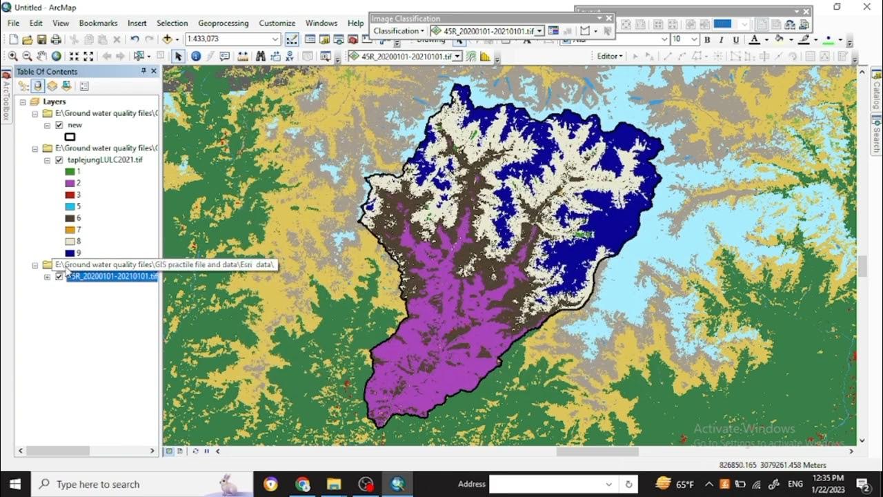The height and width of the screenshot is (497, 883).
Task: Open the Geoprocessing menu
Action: pyautogui.click(x=223, y=23)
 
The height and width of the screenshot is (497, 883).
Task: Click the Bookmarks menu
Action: pyautogui.click(x=98, y=23)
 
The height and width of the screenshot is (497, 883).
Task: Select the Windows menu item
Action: pyautogui.click(x=321, y=23)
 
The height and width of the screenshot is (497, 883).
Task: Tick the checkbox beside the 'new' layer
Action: pyautogui.click(x=59, y=125)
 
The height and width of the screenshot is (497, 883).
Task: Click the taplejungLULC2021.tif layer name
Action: pyautogui.click(x=105, y=159)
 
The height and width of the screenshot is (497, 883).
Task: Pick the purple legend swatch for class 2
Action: pyautogui.click(x=70, y=183)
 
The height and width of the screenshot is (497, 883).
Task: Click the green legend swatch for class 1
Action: pyautogui.click(x=70, y=171)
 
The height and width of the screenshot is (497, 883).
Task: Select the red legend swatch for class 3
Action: pyautogui.click(x=70, y=195)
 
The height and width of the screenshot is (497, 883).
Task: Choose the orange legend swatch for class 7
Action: pyautogui.click(x=70, y=230)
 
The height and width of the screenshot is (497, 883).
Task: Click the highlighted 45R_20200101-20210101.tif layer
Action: pyautogui.click(x=112, y=277)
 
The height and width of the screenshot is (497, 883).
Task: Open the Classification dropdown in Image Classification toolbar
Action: pyautogui.click(x=399, y=31)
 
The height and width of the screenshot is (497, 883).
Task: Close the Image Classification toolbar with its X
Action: pyautogui.click(x=609, y=19)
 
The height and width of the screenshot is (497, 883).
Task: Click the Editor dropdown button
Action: pyautogui.click(x=610, y=56)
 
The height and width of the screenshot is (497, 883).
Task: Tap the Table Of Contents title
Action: pyautogui.click(x=47, y=71)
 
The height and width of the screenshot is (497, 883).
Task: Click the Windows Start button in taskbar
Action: pyautogui.click(x=14, y=484)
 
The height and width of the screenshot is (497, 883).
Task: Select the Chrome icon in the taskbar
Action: pyautogui.click(x=302, y=484)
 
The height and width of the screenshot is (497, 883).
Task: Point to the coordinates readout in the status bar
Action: pyautogui.click(x=772, y=465)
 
